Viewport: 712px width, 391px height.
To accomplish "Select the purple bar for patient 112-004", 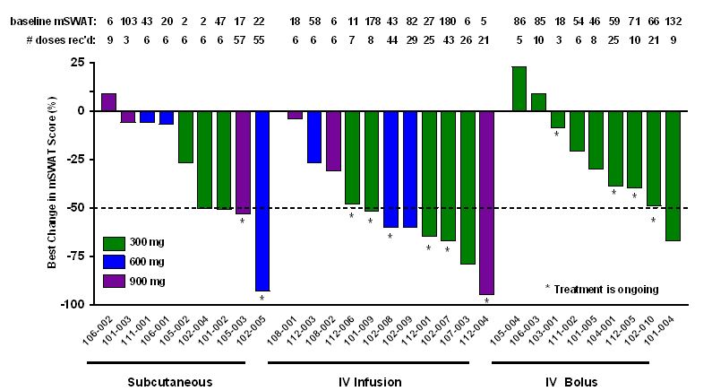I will pyautogui.click(x=486, y=202).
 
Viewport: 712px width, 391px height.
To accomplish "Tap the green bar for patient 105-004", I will pyautogui.click(x=519, y=88).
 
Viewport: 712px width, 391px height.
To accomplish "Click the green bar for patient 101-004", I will pyautogui.click(x=673, y=175).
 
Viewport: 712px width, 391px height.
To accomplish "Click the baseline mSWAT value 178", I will pyautogui.click(x=371, y=19).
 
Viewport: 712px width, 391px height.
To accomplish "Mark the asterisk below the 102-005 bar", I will pyautogui.click(x=262, y=299).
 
